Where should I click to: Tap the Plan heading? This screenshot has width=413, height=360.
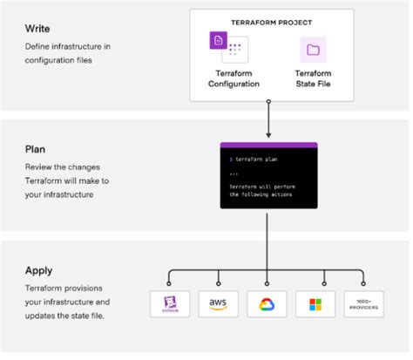tap(35, 149)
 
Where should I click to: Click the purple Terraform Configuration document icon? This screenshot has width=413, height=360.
tap(219, 41)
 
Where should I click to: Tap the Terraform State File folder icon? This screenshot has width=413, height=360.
tap(313, 50)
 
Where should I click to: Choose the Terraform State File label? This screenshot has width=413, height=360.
tap(313, 78)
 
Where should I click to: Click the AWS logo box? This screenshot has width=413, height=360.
tap(216, 304)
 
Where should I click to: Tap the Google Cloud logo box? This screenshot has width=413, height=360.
tap(267, 304)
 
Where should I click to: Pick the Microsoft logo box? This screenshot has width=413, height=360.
tap(315, 304)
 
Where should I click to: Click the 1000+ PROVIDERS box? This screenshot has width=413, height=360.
tap(363, 304)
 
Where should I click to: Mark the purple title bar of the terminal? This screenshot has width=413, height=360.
tap(267, 146)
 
